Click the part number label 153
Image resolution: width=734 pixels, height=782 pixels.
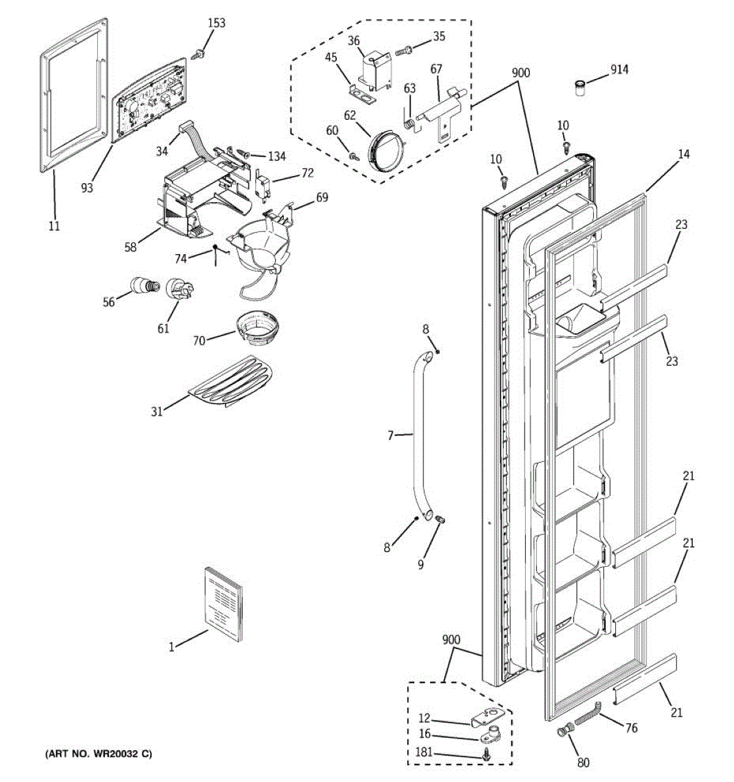217,23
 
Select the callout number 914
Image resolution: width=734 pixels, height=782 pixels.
619,69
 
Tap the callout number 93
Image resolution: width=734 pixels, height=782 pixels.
87,188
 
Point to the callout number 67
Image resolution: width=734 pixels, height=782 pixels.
436,70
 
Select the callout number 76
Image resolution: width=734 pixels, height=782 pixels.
631,728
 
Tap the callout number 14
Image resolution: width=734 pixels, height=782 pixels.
683,154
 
